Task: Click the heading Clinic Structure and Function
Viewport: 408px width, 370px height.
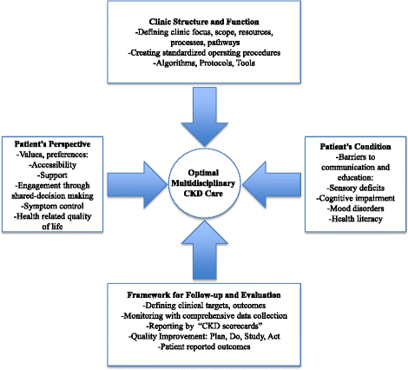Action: click(x=203, y=20)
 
